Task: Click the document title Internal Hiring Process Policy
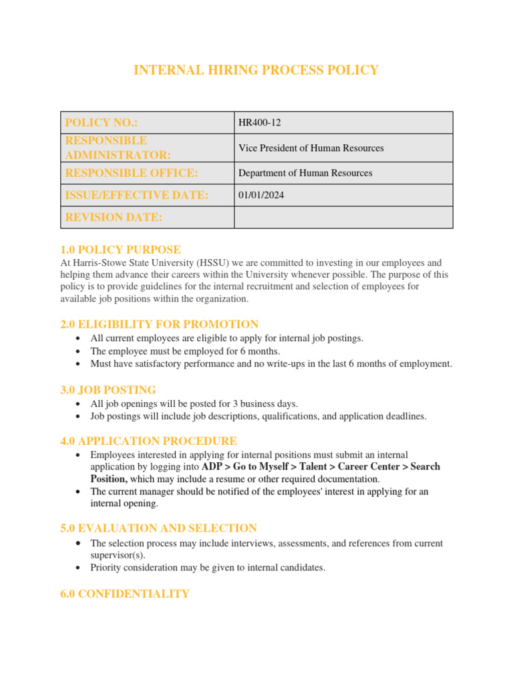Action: pyautogui.click(x=256, y=70)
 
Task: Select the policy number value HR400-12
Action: pyautogui.click(x=255, y=123)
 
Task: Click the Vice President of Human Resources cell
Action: pyautogui.click(x=311, y=148)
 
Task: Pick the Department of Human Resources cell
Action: pyautogui.click(x=305, y=173)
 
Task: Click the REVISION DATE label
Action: pyautogui.click(x=114, y=218)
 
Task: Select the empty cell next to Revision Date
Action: pyautogui.click(x=343, y=218)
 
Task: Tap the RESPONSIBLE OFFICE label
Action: pyautogui.click(x=131, y=173)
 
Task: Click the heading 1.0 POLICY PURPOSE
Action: pyautogui.click(x=120, y=250)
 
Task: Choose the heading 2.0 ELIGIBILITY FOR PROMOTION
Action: pyautogui.click(x=159, y=325)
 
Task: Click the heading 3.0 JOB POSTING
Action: pyautogui.click(x=108, y=389)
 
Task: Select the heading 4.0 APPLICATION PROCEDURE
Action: pyautogui.click(x=148, y=441)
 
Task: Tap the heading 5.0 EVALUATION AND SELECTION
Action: pyautogui.click(x=158, y=528)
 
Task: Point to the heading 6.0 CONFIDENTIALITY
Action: pyautogui.click(x=125, y=594)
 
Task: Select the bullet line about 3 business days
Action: pyautogui.click(x=194, y=403)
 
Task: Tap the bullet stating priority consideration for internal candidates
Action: pyautogui.click(x=207, y=568)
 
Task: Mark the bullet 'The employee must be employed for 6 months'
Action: pyautogui.click(x=185, y=351)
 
